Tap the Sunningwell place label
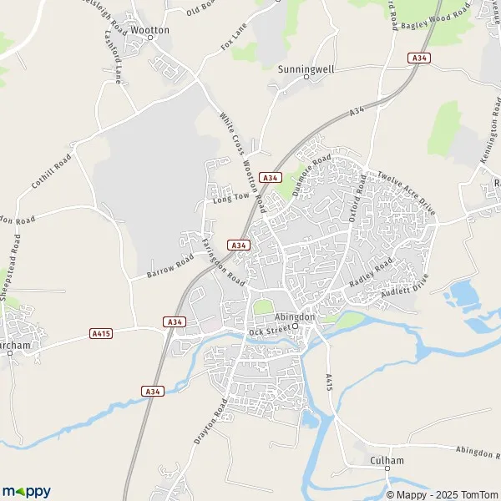(306, 69)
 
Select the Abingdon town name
(295, 317)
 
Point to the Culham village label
(387, 460)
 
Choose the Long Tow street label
(231, 197)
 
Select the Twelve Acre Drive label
(407, 194)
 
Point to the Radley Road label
(372, 274)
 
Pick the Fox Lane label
(235, 38)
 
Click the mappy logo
(27, 492)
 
